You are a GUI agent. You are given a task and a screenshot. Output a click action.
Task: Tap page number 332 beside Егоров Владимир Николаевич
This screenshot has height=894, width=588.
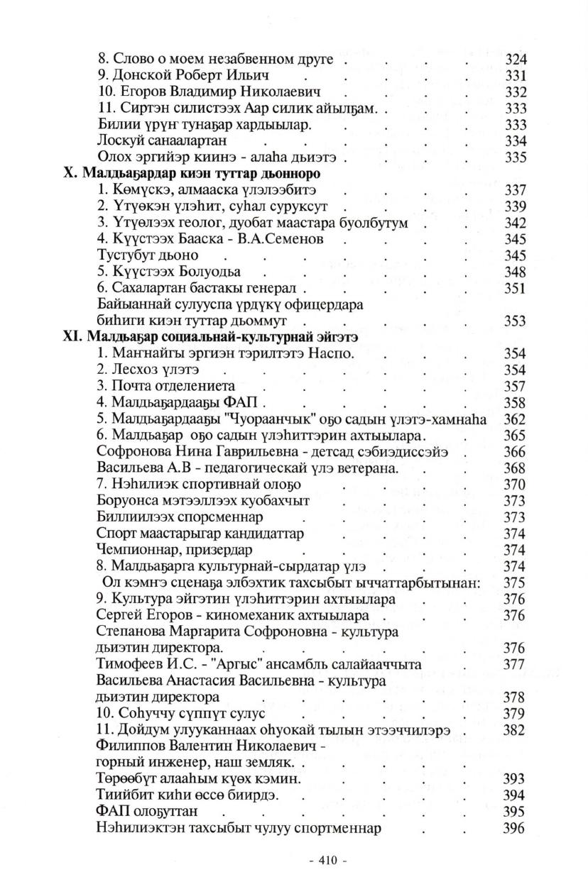click(516, 92)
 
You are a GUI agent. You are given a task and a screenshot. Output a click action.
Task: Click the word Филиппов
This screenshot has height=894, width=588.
click(127, 746)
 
